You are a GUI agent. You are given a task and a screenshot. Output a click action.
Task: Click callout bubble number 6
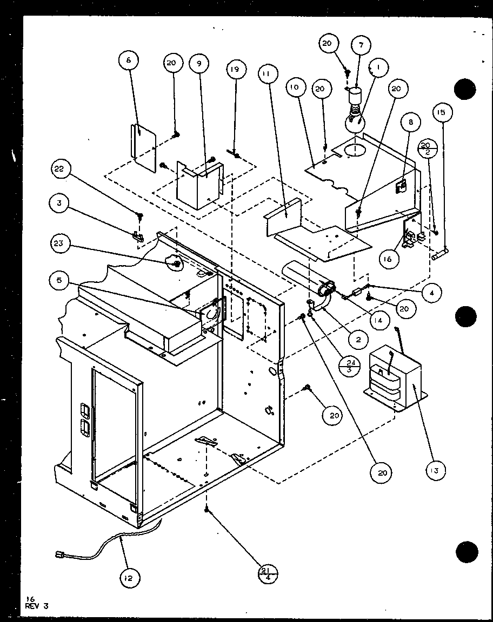pyautogui.click(x=129, y=61)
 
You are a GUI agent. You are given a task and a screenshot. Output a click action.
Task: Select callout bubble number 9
pyautogui.click(x=199, y=63)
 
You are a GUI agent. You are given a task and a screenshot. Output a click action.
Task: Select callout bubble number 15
pyautogui.click(x=442, y=113)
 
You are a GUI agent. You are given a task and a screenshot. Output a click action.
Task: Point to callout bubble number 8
pyautogui.click(x=411, y=123)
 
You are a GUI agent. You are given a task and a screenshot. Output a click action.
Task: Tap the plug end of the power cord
pyautogui.click(x=60, y=554)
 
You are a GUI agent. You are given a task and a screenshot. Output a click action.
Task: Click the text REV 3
pyautogui.click(x=37, y=606)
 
